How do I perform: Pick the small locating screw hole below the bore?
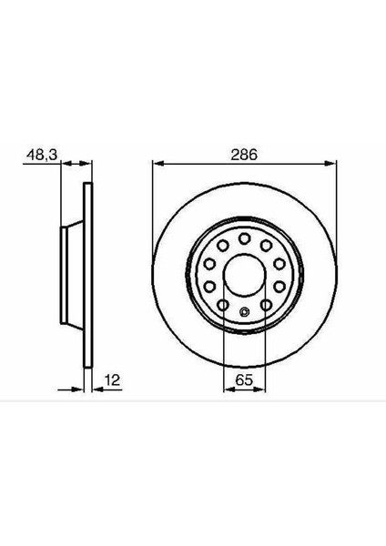245,315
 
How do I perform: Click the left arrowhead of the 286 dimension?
155,165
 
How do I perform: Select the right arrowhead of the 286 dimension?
334,165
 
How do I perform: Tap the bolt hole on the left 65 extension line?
225,305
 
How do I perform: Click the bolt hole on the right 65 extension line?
265,305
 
